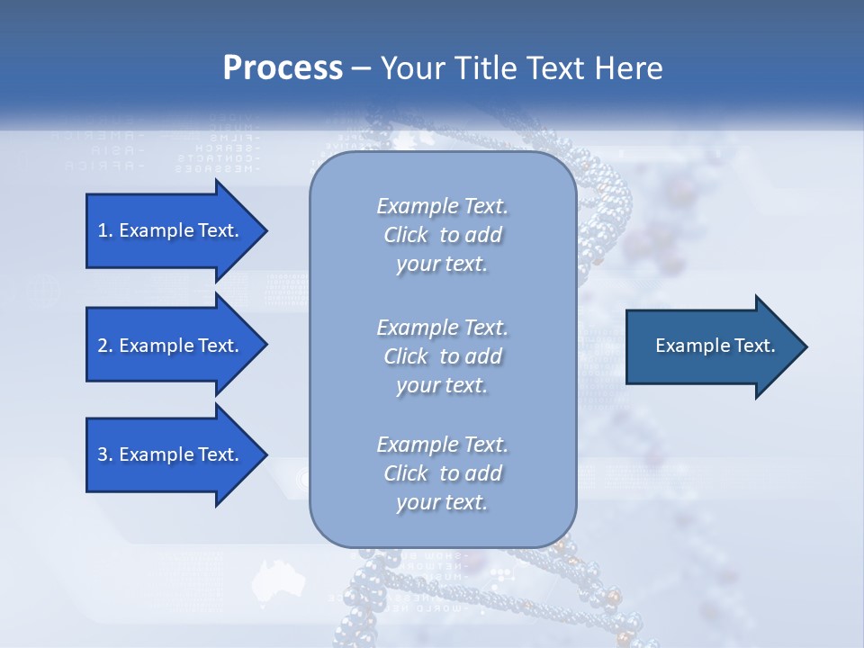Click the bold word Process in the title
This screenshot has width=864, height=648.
coord(283,68)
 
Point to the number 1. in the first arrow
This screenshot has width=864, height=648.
coord(105,230)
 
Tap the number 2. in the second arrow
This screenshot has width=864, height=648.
coord(105,346)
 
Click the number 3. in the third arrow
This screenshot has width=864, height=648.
coord(105,454)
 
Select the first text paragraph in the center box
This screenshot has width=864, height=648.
coord(442,235)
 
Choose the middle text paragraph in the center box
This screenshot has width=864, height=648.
coord(442,356)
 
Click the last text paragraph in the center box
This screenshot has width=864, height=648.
coord(442,473)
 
